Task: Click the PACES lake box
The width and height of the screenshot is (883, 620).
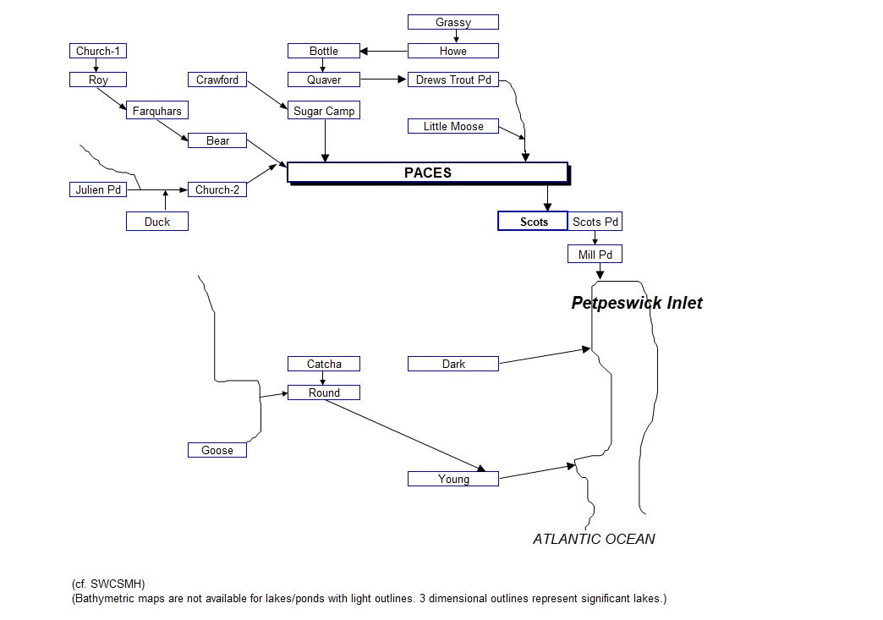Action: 427,173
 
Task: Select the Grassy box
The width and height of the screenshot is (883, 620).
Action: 452,22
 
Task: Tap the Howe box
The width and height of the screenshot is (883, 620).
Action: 452,51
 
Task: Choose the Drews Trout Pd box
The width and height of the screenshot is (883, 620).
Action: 452,80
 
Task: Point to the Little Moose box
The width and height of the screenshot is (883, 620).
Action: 452,127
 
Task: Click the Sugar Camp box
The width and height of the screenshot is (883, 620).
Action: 324,111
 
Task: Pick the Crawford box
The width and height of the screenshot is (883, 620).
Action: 217,80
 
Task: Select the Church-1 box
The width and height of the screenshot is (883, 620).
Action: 97,51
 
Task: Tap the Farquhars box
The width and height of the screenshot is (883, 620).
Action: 156,111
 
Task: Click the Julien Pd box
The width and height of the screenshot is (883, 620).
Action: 97,190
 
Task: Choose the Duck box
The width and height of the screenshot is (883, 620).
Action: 156,222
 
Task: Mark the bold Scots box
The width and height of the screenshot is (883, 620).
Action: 533,222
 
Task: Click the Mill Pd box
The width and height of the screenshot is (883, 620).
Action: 595,255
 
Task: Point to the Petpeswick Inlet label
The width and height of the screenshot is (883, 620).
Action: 636,303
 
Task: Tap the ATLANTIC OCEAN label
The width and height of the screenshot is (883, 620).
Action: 594,539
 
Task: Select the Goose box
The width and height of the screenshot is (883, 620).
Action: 217,451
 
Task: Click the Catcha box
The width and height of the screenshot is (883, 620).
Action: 324,365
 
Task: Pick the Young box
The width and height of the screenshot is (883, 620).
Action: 452,480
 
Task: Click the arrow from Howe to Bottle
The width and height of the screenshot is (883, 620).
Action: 384,52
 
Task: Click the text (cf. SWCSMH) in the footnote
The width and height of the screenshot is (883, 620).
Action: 108,584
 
